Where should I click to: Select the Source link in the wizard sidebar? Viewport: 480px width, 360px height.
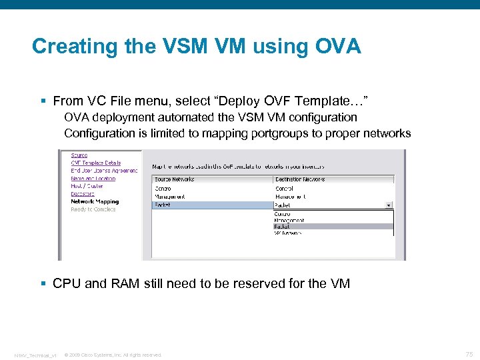79,155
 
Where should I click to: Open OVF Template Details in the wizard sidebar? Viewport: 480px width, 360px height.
96,163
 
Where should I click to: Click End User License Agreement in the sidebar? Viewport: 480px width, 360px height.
104,171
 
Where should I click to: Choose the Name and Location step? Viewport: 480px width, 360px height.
93,179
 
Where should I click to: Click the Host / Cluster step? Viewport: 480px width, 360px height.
87,186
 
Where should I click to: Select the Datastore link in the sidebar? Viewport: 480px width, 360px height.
83,194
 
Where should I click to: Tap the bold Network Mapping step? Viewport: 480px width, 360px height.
95,201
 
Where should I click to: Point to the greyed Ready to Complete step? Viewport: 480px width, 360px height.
93,209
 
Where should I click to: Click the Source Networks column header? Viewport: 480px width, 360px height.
175,179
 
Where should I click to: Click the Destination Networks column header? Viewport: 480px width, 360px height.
300,179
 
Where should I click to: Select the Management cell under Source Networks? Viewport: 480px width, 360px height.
170,197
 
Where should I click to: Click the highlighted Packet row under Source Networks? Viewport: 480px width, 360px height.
163,205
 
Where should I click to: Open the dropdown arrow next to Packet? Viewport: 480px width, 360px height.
389,205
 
